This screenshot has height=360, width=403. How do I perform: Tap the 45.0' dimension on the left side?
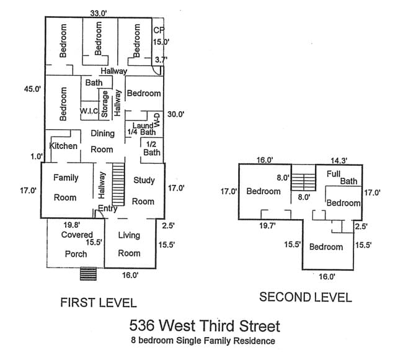click(x=32, y=89)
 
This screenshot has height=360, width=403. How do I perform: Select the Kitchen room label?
click(x=63, y=146)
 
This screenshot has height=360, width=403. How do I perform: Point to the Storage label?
click(x=105, y=104)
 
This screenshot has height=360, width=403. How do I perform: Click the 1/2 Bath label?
click(x=152, y=148)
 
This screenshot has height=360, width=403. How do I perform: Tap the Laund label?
click(x=143, y=125)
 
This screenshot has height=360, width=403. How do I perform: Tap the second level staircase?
click(x=303, y=182)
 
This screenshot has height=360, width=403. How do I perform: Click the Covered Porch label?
click(x=76, y=245)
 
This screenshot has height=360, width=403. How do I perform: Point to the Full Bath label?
click(x=342, y=178)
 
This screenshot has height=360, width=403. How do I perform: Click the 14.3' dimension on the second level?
click(x=338, y=160)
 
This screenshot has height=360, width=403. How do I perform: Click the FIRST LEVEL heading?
click(x=98, y=302)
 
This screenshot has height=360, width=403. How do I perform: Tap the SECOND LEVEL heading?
click(x=305, y=297)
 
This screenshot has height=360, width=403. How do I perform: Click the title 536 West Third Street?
click(x=205, y=325)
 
